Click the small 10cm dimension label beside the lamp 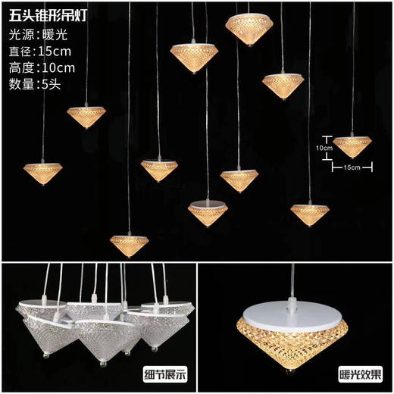point(323,148)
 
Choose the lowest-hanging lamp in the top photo point(129,244)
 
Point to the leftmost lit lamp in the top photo point(42,168)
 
